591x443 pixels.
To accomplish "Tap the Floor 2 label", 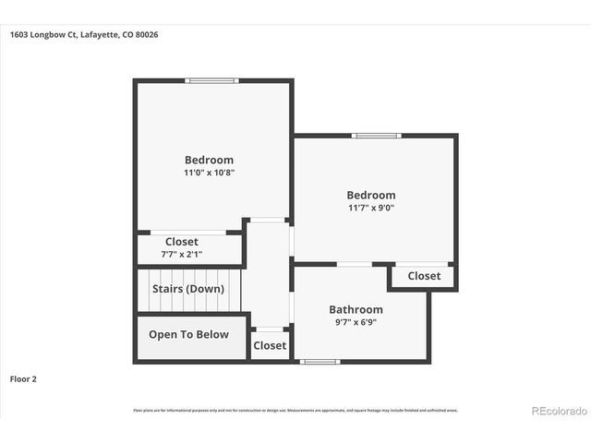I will pos(24,378).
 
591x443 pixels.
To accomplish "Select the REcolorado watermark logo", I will pos(557,410).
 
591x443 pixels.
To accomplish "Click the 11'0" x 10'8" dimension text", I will pos(209,173).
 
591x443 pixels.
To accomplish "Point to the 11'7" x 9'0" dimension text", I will pos(371,208).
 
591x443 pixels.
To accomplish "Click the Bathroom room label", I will pos(356,309).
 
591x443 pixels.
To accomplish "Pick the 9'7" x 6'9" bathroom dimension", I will pos(356,322).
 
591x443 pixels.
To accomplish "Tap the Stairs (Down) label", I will pos(188,289).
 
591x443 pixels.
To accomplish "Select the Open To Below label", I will pos(188,334).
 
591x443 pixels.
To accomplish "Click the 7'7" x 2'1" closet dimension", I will pos(182,254).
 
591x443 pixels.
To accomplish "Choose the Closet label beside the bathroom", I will pos(424,276).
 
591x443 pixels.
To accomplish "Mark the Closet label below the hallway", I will pos(270,346).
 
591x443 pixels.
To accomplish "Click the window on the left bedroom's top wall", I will pos(211,80).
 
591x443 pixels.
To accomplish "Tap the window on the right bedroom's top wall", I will pos(377,136).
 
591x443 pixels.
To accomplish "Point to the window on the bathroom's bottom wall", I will pos(320,361).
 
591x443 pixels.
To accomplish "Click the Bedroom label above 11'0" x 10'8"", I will pos(209,160).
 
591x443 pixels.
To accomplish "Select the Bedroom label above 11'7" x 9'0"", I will pos(371,195).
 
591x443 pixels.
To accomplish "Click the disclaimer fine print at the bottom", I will pos(295,411).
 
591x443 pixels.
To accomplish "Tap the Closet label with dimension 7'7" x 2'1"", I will pos(182,242).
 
